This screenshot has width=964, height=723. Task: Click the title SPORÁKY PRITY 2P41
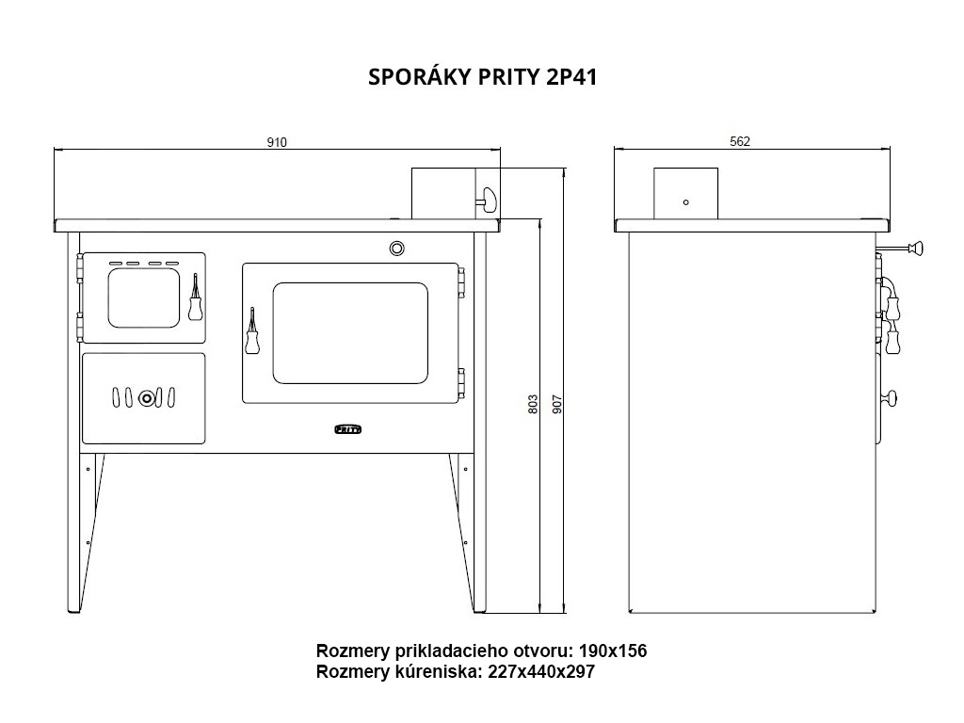(482, 77)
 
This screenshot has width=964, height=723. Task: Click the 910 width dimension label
(277, 142)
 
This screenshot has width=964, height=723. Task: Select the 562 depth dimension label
(740, 141)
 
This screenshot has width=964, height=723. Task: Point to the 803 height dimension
(533, 404)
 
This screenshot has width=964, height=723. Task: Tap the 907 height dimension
(557, 404)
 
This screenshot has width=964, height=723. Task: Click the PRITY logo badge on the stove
(348, 429)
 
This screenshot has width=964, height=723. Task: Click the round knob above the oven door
(396, 249)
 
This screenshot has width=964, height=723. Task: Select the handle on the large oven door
(252, 332)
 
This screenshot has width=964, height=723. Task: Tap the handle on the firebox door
(195, 297)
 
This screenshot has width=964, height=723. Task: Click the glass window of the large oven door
(350, 332)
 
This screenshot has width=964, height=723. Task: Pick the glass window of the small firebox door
(144, 297)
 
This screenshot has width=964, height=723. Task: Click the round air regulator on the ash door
(146, 398)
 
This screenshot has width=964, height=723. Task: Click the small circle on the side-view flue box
(686, 202)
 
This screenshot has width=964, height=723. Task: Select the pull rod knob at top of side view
(917, 249)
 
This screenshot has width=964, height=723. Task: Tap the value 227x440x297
(541, 672)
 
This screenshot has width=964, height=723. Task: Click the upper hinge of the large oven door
(461, 282)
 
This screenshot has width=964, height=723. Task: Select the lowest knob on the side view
(889, 398)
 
